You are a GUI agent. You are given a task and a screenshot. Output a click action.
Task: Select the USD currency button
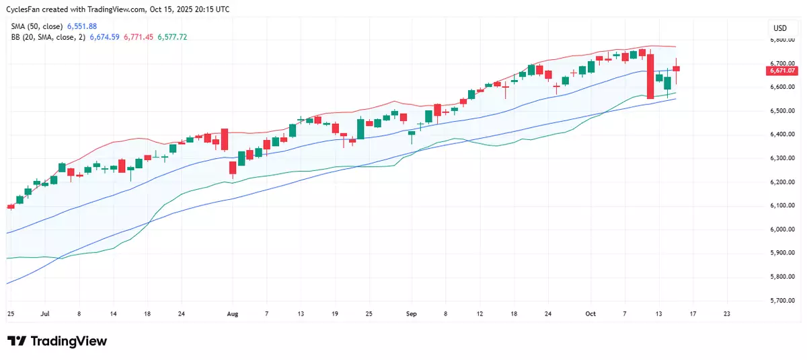pos(780,28)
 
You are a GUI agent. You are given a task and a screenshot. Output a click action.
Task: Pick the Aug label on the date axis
pos(233,314)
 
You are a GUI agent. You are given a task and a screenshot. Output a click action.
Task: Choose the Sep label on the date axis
pos(412,314)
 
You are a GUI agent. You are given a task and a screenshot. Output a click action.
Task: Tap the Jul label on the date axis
pos(44,314)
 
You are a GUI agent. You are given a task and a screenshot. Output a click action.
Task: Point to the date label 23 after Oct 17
pos(727,314)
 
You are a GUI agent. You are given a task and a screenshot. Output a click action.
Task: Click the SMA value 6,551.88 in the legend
pos(82,26)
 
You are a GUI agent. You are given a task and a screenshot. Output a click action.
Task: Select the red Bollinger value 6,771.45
pos(138,37)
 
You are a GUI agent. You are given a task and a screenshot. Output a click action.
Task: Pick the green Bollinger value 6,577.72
pos(172,37)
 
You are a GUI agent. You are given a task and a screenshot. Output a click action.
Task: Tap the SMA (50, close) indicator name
pos(37,26)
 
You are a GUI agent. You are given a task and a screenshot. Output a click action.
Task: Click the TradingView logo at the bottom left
pos(57,341)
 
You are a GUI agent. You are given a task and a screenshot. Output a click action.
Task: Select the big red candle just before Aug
pos(225,139)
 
